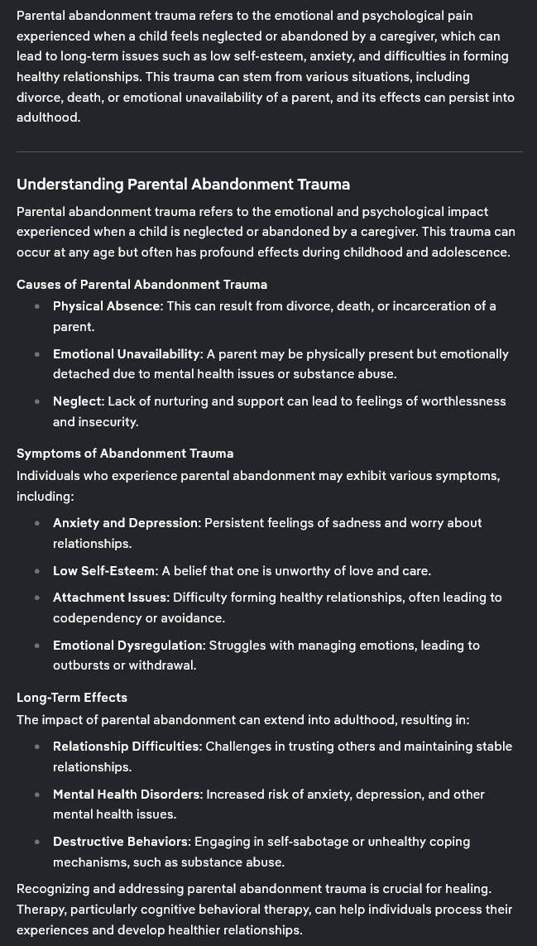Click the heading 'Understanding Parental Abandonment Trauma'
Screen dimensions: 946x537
point(183,185)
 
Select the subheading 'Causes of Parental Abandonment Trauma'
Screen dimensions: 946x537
point(141,285)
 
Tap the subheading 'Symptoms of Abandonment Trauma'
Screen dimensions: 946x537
point(125,454)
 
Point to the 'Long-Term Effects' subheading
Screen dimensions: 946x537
point(72,698)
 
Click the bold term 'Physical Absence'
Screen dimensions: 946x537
point(106,306)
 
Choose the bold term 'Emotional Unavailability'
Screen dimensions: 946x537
point(127,354)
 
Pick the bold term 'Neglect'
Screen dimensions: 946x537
point(78,401)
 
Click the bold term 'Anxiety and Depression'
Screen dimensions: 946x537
point(126,523)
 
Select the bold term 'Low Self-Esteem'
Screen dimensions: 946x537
point(103,571)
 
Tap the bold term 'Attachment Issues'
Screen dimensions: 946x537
point(110,598)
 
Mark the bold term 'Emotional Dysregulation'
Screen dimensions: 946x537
point(128,646)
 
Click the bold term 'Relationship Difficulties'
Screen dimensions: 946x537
point(127,747)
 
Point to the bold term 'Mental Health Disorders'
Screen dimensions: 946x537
point(127,795)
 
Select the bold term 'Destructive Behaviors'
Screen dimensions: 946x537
point(120,842)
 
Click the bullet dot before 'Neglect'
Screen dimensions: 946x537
point(37,401)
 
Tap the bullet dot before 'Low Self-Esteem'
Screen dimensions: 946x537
point(37,571)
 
